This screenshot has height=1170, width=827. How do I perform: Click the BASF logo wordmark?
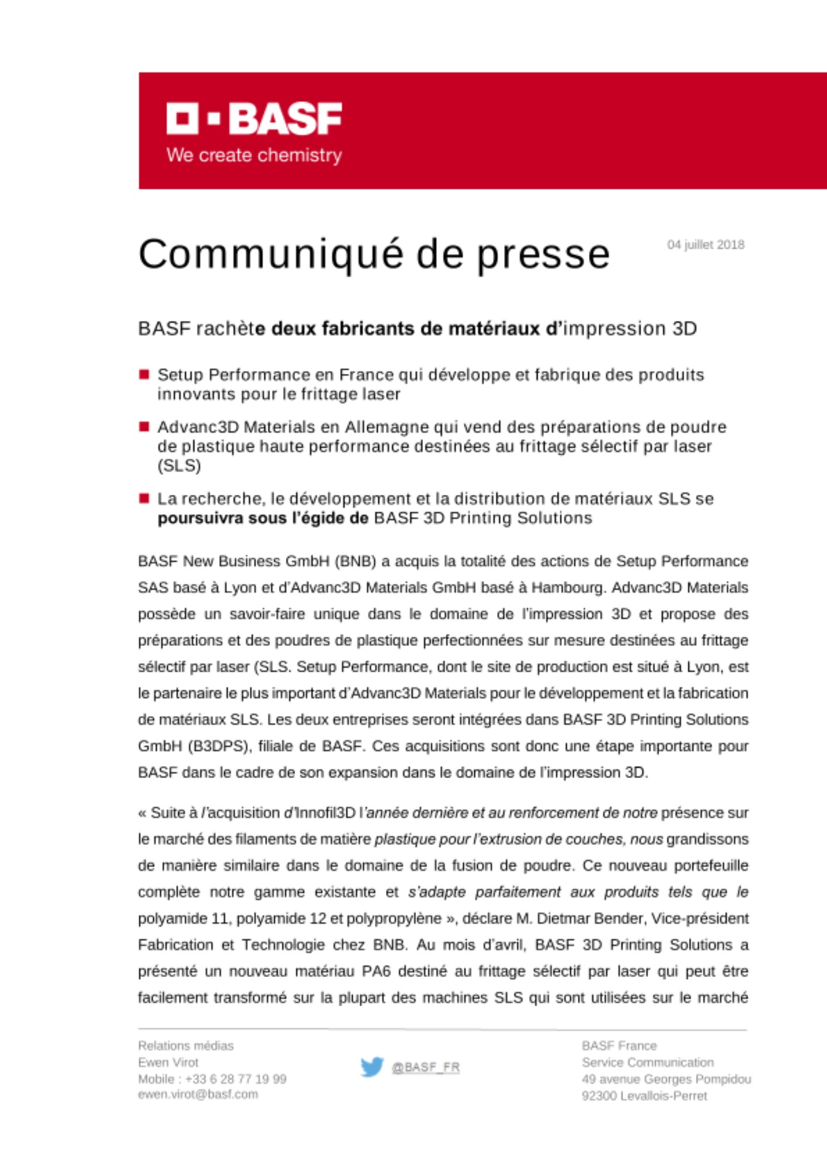point(254,119)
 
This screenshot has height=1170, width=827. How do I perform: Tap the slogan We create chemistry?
point(254,156)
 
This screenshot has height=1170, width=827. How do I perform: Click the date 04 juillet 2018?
point(705,245)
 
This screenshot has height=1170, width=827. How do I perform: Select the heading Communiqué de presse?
point(374,254)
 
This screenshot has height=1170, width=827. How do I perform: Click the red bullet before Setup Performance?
point(144,374)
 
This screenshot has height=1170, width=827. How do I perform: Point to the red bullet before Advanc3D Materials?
point(144,426)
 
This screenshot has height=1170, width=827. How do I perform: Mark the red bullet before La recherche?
point(144,498)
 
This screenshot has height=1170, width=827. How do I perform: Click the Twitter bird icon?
point(372,1067)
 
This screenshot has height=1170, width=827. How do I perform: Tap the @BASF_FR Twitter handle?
point(426,1068)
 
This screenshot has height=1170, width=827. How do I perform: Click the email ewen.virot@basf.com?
point(198,1095)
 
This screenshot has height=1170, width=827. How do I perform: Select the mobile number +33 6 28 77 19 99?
point(236,1079)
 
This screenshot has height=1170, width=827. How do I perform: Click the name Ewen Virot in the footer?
point(168,1062)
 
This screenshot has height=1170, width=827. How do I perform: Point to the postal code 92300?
point(599,1096)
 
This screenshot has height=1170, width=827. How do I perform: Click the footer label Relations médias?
point(186,1045)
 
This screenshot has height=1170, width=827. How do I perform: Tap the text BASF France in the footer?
point(619,1045)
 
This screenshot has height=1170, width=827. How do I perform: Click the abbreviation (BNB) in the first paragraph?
point(355,562)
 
